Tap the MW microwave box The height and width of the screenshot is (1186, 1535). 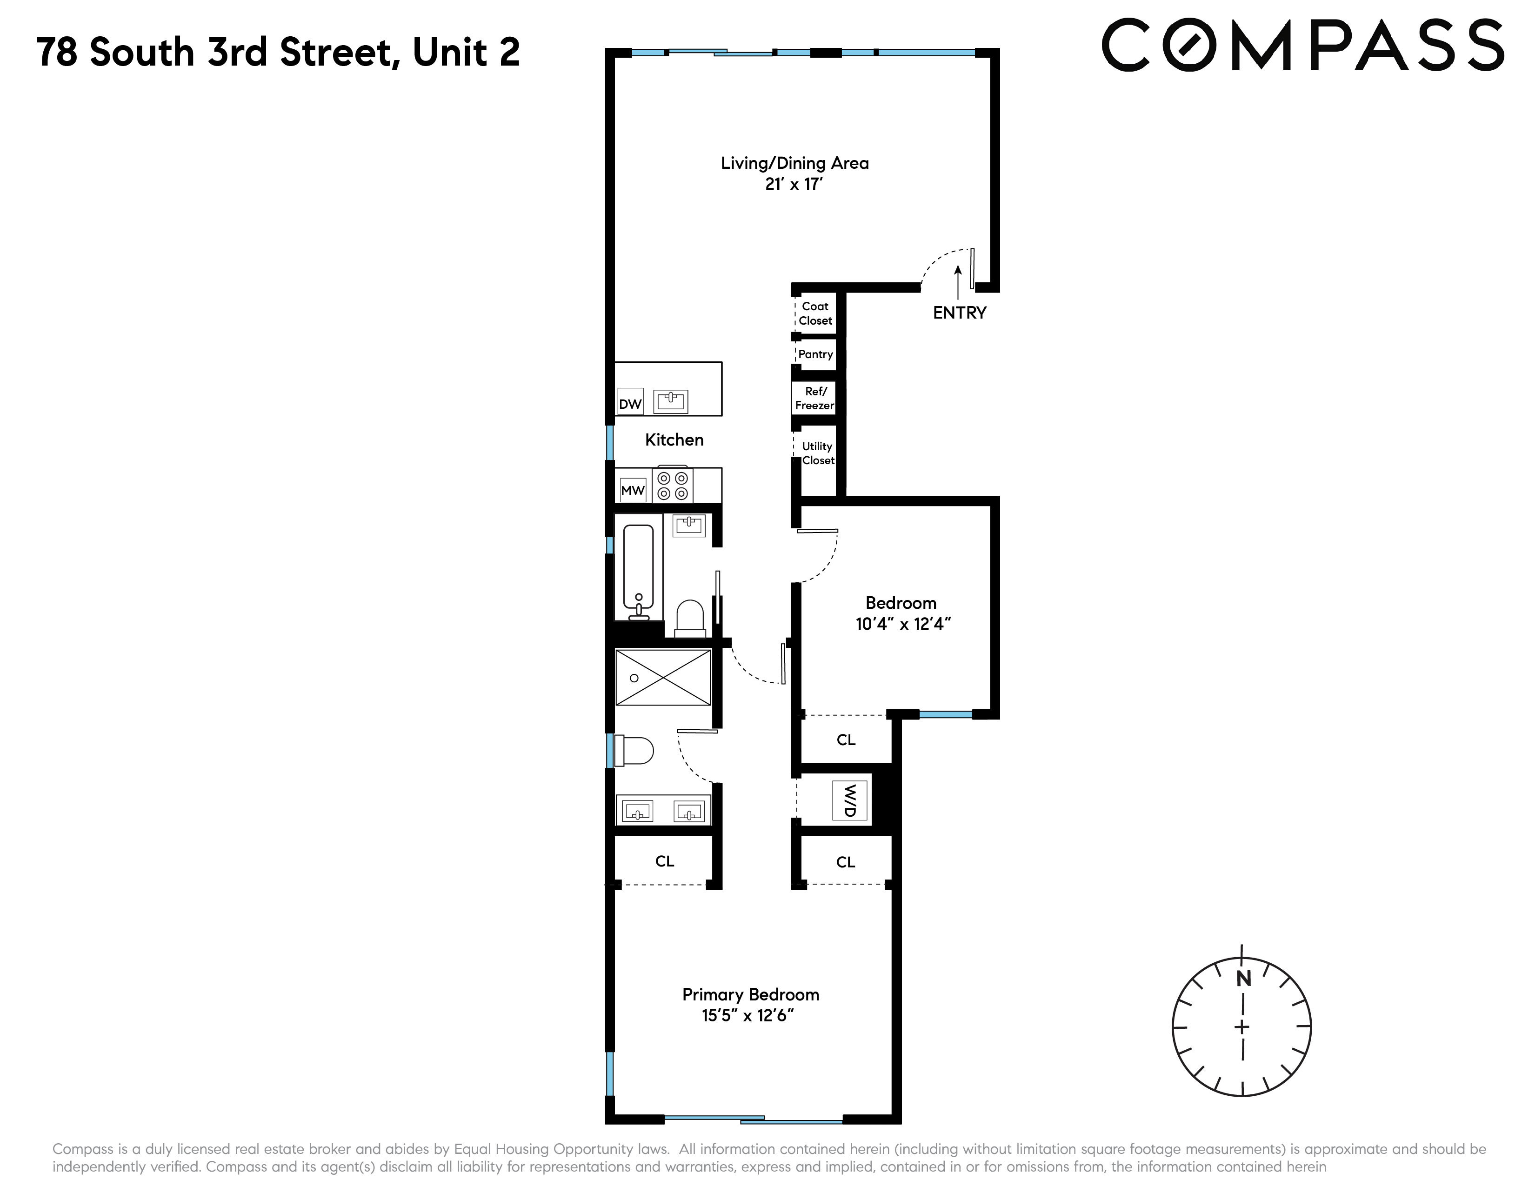coord(633,490)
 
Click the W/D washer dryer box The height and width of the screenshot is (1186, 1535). coord(850,800)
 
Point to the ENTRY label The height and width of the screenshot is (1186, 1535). coord(959,313)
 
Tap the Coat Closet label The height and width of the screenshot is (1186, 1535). coord(815,313)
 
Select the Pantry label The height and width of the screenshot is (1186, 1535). coord(815,354)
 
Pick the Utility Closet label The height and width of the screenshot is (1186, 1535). coord(817,453)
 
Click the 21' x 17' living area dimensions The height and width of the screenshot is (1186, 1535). coord(794,184)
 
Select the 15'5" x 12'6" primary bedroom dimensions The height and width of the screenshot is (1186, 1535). coord(748,1015)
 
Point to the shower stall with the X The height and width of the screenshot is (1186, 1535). coord(663,677)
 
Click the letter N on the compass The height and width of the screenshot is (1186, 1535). coord(1243,978)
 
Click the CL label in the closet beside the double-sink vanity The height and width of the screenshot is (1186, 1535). coord(664,861)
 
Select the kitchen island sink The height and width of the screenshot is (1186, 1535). coord(670,401)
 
